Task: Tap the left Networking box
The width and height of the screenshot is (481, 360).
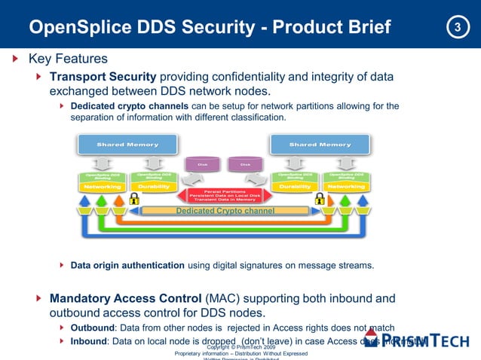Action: [x=104, y=186]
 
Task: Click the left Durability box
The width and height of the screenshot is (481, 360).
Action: [x=155, y=186]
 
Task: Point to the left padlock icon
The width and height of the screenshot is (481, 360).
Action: [x=134, y=200]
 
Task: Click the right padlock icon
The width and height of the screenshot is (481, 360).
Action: [x=320, y=200]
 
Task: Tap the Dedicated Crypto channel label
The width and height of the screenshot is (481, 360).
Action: [x=225, y=211]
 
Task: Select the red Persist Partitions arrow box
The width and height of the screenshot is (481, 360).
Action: [x=225, y=194]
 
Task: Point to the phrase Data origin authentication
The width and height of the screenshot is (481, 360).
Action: [x=127, y=265]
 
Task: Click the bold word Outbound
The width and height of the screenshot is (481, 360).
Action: [x=92, y=328]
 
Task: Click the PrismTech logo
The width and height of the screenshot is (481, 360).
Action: [x=434, y=340]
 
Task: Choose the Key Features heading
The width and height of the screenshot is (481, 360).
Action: [x=68, y=59]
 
